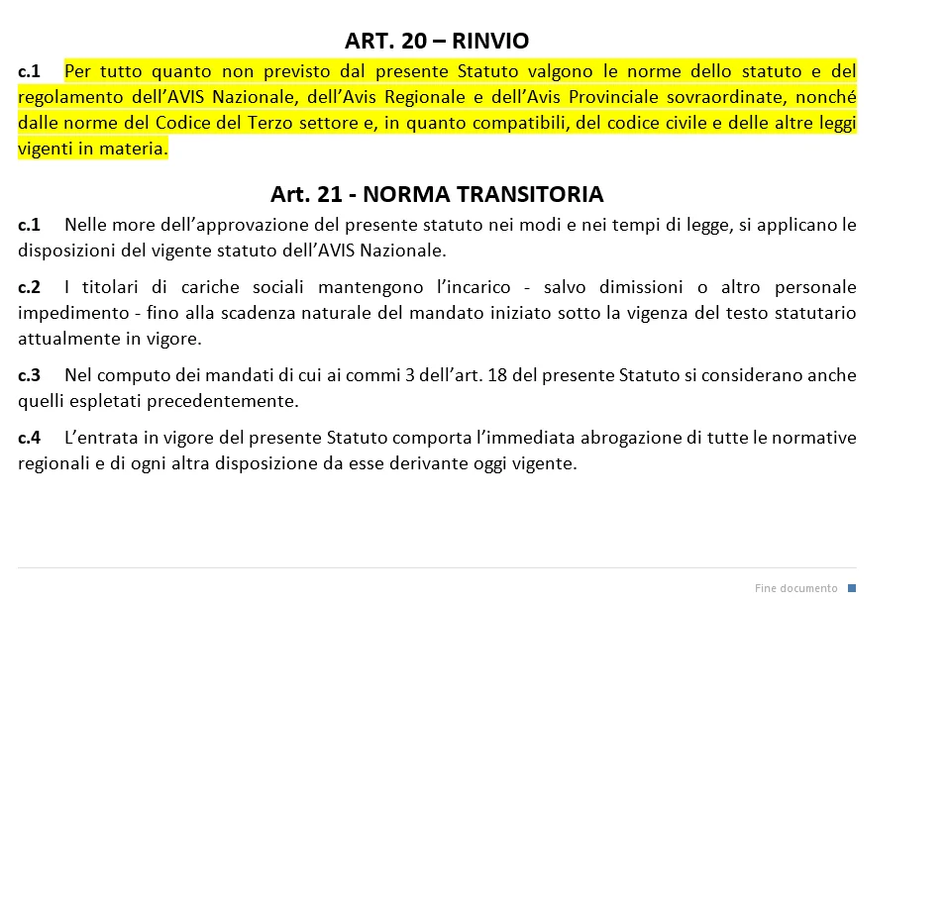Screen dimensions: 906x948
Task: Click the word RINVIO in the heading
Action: coord(490,41)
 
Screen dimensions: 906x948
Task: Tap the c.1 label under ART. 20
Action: coord(29,71)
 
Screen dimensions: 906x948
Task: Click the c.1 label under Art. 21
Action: coord(29,225)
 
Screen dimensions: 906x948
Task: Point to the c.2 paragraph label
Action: coord(29,287)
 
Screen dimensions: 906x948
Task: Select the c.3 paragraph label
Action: coord(29,375)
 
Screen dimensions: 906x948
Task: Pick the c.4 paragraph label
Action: coord(29,438)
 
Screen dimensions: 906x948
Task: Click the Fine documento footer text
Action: coord(795,588)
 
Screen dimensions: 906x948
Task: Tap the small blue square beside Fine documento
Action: coord(852,588)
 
